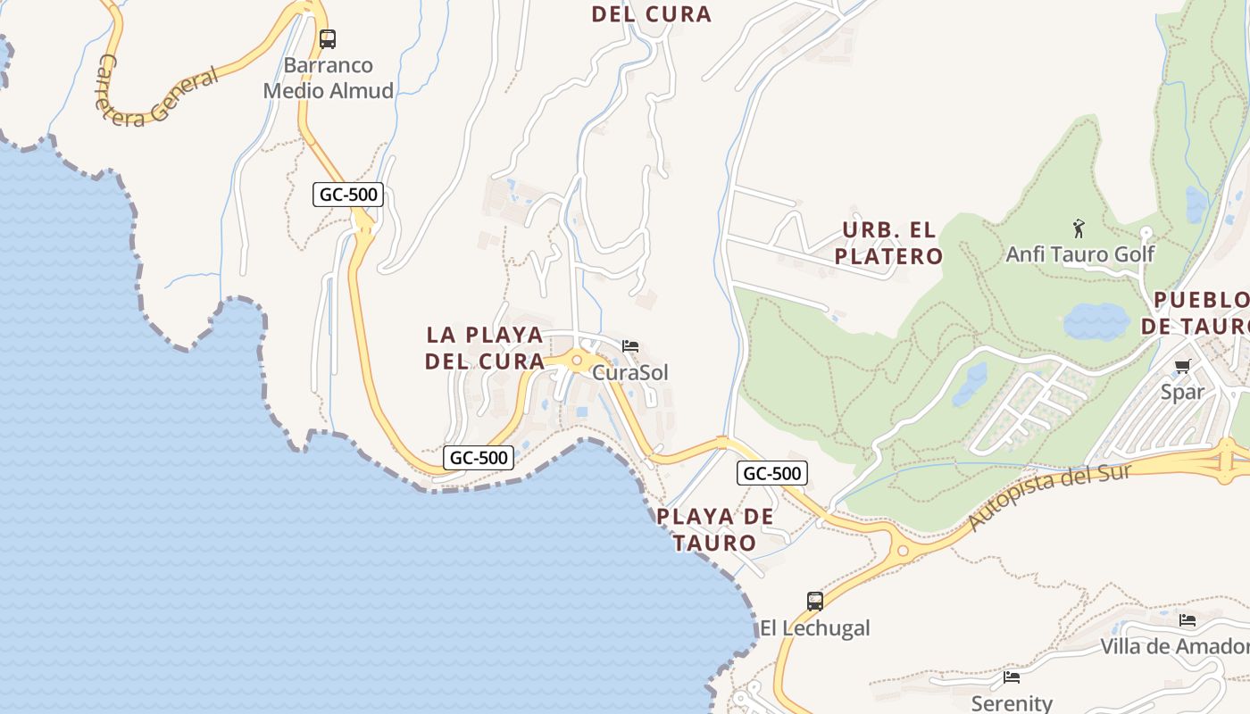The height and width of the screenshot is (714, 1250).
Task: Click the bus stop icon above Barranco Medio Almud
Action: tap(328, 39)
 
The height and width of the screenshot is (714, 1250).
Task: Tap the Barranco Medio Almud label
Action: tap(329, 78)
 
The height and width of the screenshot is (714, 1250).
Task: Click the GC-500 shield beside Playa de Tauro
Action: tap(771, 473)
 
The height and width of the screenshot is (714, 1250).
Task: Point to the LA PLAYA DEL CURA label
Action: tap(485, 348)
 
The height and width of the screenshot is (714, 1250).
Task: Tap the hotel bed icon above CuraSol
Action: tap(630, 346)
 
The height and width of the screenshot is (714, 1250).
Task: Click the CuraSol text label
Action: tap(630, 372)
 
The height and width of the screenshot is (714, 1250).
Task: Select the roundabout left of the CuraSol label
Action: tap(577, 361)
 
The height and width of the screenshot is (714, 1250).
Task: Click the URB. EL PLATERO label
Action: tap(889, 243)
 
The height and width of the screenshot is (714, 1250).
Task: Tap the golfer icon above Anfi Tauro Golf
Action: tap(1079, 228)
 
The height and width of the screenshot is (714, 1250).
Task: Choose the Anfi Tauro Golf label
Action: tap(1079, 254)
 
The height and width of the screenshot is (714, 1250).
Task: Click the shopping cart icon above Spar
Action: tap(1183, 366)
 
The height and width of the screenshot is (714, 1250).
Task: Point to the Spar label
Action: tap(1183, 391)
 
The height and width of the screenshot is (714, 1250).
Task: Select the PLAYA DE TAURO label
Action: tap(714, 529)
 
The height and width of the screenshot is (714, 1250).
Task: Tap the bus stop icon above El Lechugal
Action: tap(814, 602)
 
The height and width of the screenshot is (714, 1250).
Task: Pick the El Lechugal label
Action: tap(814, 627)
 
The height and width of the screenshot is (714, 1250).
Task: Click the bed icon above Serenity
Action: tap(1011, 678)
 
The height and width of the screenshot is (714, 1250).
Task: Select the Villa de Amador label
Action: tap(1174, 646)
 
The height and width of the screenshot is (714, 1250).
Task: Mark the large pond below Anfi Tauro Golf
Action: tap(1096, 321)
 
